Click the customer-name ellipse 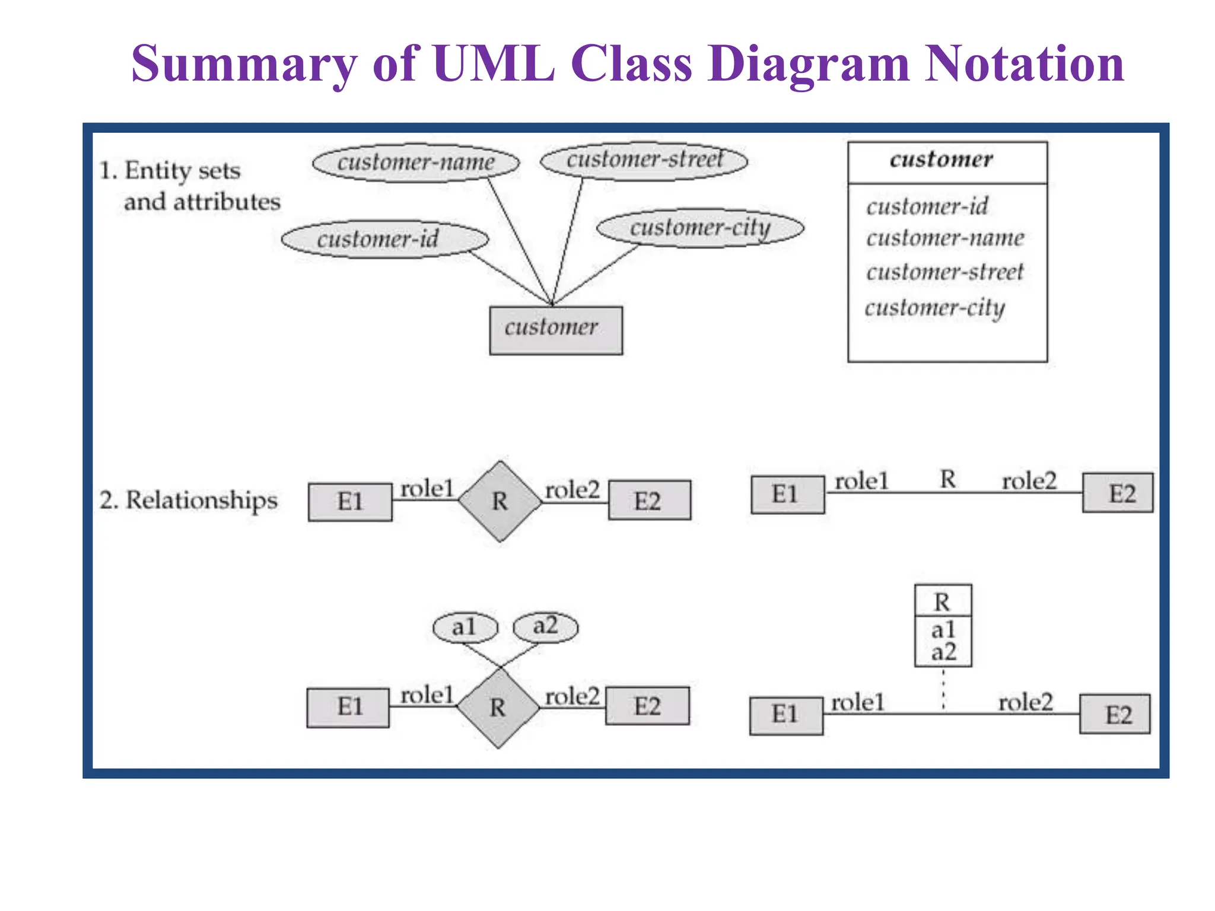(415, 163)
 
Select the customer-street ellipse (644, 160)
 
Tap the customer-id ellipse (384, 240)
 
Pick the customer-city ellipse (700, 228)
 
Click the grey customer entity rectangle (556, 330)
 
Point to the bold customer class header (941, 160)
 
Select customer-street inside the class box (944, 272)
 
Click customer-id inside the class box (927, 206)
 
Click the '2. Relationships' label (188, 500)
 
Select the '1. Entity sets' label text (170, 171)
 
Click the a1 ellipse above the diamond (465, 627)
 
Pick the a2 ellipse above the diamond (545, 626)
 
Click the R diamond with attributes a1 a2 (498, 708)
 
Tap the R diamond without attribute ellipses (500, 501)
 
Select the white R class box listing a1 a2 (943, 626)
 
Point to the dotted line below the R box (943, 689)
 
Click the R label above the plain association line (948, 479)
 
